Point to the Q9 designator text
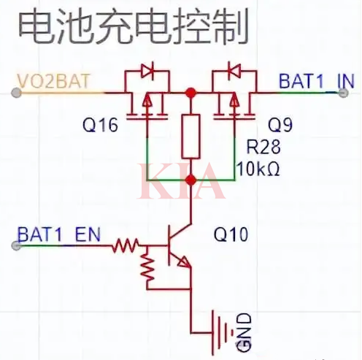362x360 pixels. pos(281,123)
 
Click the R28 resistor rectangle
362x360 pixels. pos(191,136)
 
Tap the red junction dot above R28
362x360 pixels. pos(191,93)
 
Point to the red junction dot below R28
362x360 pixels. pos(191,180)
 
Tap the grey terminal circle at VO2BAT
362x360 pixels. pos(15,93)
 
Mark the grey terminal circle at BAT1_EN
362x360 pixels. pos(15,246)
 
